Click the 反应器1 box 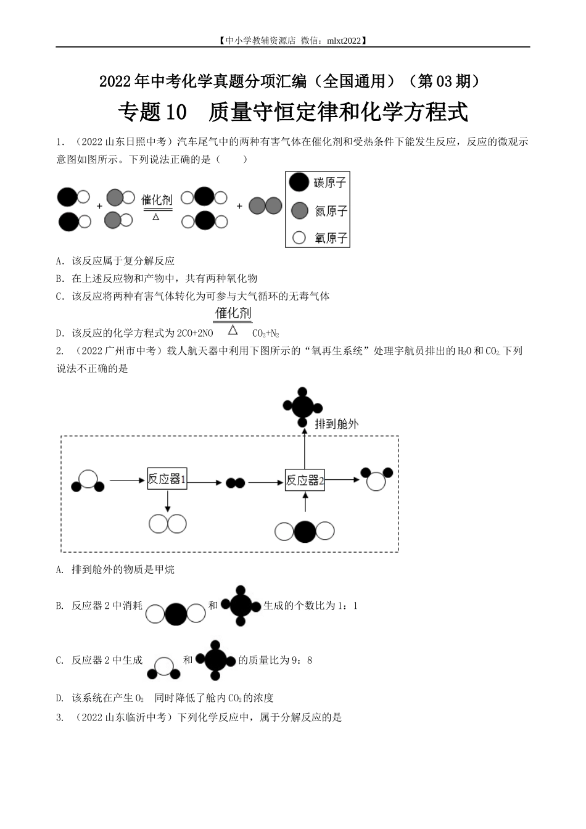167,479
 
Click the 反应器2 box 305,480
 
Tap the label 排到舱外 336,424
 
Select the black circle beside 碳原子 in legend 299,182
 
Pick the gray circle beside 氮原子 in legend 299,210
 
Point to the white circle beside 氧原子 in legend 299,237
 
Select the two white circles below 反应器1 167,524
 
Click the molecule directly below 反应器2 305,531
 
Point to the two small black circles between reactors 235,482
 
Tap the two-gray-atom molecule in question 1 265,206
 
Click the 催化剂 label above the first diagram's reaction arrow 157,199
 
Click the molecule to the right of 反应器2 376,477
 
